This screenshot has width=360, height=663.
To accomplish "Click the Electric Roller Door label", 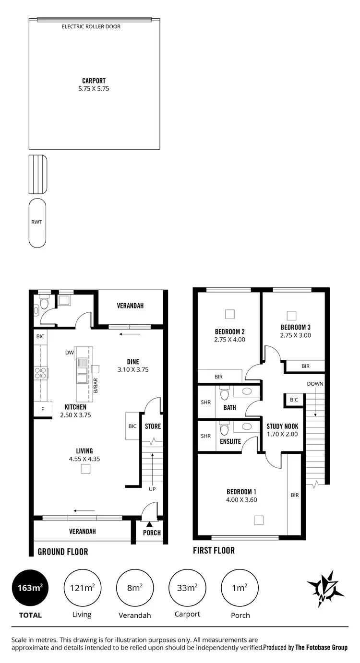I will click(91, 27).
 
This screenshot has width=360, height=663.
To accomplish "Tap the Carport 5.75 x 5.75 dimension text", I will click(94, 89).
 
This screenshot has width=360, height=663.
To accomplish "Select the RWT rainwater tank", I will click(37, 223).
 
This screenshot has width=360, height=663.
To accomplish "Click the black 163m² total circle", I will click(30, 588).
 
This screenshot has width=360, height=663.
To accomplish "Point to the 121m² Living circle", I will click(83, 588).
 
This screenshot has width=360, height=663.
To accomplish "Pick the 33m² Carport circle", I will click(188, 588).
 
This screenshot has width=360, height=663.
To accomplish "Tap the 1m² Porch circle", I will click(240, 588).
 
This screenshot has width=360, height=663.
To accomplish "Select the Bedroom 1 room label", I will click(241, 492).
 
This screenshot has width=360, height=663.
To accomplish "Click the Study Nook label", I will click(282, 426).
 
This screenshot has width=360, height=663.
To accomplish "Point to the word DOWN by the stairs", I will click(315, 384).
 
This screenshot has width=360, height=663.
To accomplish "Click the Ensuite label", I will click(230, 441).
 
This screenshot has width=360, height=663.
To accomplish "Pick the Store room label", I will click(153, 426).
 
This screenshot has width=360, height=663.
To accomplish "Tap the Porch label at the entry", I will click(152, 533).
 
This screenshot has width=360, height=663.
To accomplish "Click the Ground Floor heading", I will click(63, 552).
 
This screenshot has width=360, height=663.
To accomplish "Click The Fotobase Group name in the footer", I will click(321, 647).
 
